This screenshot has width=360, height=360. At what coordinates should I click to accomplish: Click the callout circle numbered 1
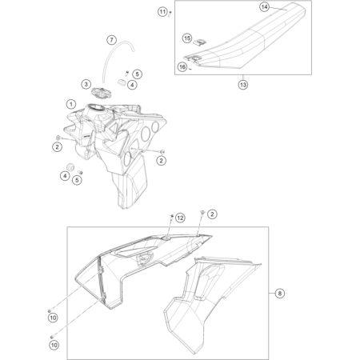coord(71,104)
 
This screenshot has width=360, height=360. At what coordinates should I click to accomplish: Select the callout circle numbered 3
coord(86,83)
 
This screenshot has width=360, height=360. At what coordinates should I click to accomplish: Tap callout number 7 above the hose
coord(112,40)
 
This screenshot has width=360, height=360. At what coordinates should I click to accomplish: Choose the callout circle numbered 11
coord(162,11)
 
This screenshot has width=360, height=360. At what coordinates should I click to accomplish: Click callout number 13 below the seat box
coord(243,82)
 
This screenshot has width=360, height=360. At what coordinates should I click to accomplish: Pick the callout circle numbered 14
coord(263,6)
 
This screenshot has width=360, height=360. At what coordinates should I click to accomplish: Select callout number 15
coord(186,38)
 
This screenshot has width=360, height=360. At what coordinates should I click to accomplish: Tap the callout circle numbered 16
coord(182,68)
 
